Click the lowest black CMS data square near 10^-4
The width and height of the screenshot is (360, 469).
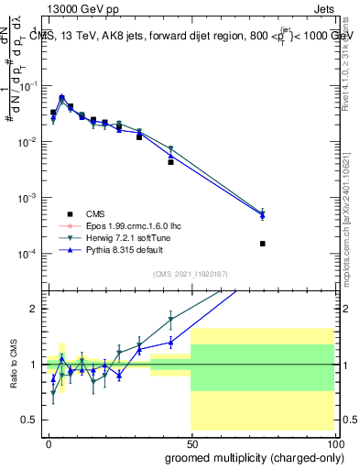(263, 244)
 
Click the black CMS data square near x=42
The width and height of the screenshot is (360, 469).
(170, 161)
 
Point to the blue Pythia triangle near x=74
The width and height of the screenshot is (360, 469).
(263, 215)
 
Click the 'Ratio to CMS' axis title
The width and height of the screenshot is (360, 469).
(12, 364)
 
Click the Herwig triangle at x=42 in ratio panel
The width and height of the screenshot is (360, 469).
(170, 321)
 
